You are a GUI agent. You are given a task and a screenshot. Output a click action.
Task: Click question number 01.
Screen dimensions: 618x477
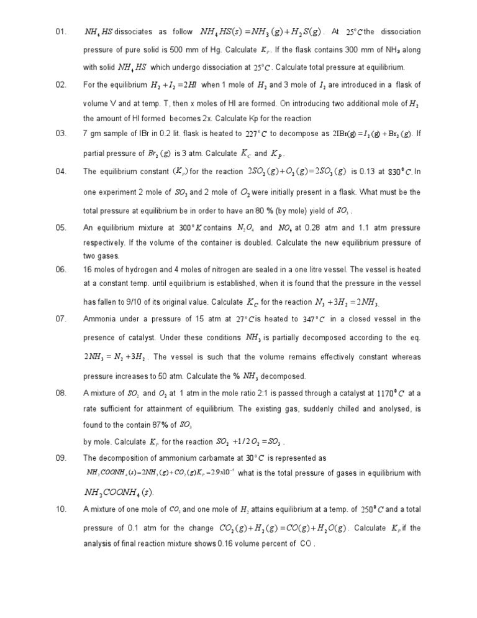pyautogui.click(x=60, y=32)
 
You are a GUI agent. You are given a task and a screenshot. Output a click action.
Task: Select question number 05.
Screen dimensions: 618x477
pyautogui.click(x=60, y=228)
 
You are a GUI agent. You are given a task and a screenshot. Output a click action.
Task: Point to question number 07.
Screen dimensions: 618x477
pyautogui.click(x=60, y=319)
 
